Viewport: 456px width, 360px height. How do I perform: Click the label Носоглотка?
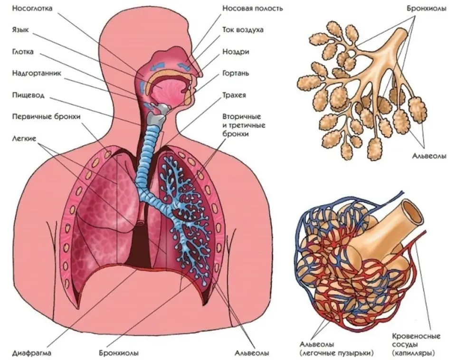[32, 9]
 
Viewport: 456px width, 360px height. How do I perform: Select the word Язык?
[20, 30]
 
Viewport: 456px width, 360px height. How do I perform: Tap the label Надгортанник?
[37, 73]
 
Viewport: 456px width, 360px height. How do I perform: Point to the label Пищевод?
[28, 95]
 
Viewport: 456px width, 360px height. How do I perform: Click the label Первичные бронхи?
[46, 117]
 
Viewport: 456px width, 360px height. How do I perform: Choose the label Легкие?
[24, 138]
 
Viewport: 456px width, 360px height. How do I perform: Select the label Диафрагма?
[32, 353]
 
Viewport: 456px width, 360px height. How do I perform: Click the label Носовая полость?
[252, 8]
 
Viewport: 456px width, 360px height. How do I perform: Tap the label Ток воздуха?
[243, 30]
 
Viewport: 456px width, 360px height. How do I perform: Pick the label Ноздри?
[236, 52]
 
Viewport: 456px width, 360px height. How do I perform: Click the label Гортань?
[236, 73]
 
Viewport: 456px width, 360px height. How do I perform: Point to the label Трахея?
[234, 95]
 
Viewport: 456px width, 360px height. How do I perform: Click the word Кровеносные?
[416, 336]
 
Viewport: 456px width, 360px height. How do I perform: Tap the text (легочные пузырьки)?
[336, 353]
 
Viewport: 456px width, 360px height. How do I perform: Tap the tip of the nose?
[202, 75]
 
